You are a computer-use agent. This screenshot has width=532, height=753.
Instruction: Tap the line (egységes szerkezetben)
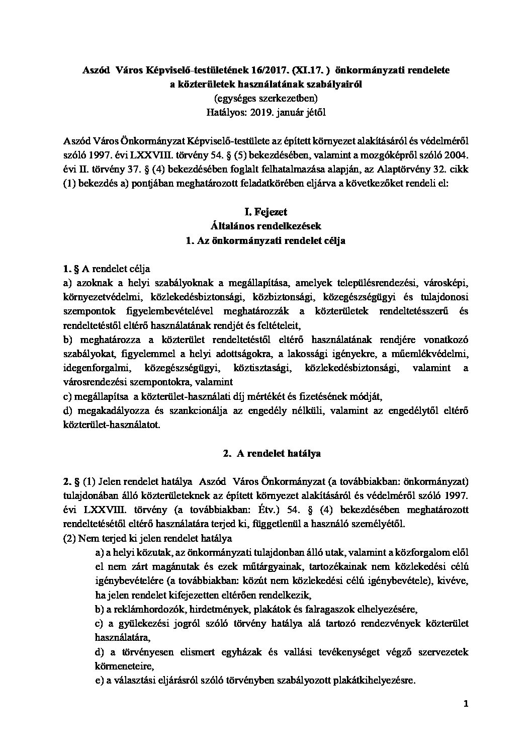click(x=266, y=98)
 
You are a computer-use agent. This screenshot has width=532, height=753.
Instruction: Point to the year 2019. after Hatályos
click(x=258, y=112)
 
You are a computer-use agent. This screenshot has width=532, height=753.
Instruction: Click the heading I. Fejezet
click(x=265, y=212)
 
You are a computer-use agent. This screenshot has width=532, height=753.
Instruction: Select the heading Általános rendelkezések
click(x=265, y=226)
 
